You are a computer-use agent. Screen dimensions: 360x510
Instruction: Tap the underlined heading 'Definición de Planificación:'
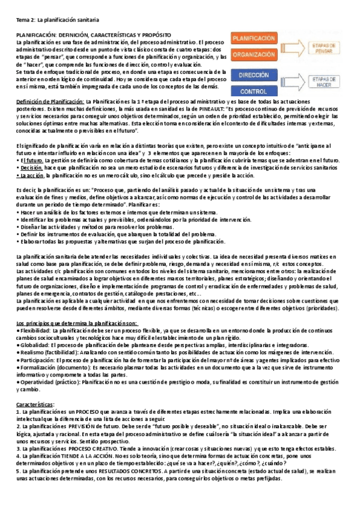coord(50,101)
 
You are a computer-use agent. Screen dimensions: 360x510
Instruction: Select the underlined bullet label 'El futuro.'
coord(30,161)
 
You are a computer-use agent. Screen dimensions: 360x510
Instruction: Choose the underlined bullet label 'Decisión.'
coord(31,168)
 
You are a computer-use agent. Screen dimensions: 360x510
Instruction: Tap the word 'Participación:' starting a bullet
coord(38,360)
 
